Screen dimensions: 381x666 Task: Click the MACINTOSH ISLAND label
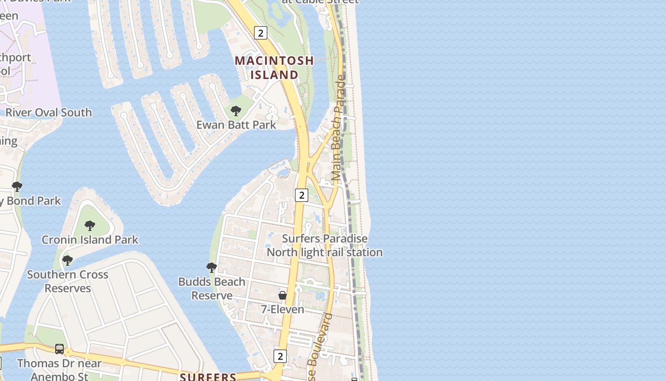click(274, 68)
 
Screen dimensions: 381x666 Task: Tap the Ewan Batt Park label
click(236, 125)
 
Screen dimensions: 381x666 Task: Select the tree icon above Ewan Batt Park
click(235, 111)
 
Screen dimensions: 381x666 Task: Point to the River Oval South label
click(49, 113)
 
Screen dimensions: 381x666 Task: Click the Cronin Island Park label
click(90, 240)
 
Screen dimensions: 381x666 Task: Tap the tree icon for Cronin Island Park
click(90, 225)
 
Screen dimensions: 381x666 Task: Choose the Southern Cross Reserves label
click(68, 281)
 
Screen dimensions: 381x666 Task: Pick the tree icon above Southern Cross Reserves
click(68, 261)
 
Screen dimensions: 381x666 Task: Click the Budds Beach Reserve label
click(212, 289)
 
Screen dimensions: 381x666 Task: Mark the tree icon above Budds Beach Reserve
click(212, 268)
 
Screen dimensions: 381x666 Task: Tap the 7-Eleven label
click(283, 310)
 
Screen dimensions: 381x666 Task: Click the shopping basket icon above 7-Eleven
click(283, 295)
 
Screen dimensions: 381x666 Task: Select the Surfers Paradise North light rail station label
click(324, 245)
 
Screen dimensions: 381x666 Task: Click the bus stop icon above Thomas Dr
click(59, 349)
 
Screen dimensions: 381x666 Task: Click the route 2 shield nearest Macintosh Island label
click(260, 33)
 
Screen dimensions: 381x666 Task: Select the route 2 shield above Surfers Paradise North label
click(301, 195)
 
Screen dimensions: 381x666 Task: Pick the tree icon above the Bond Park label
click(17, 186)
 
